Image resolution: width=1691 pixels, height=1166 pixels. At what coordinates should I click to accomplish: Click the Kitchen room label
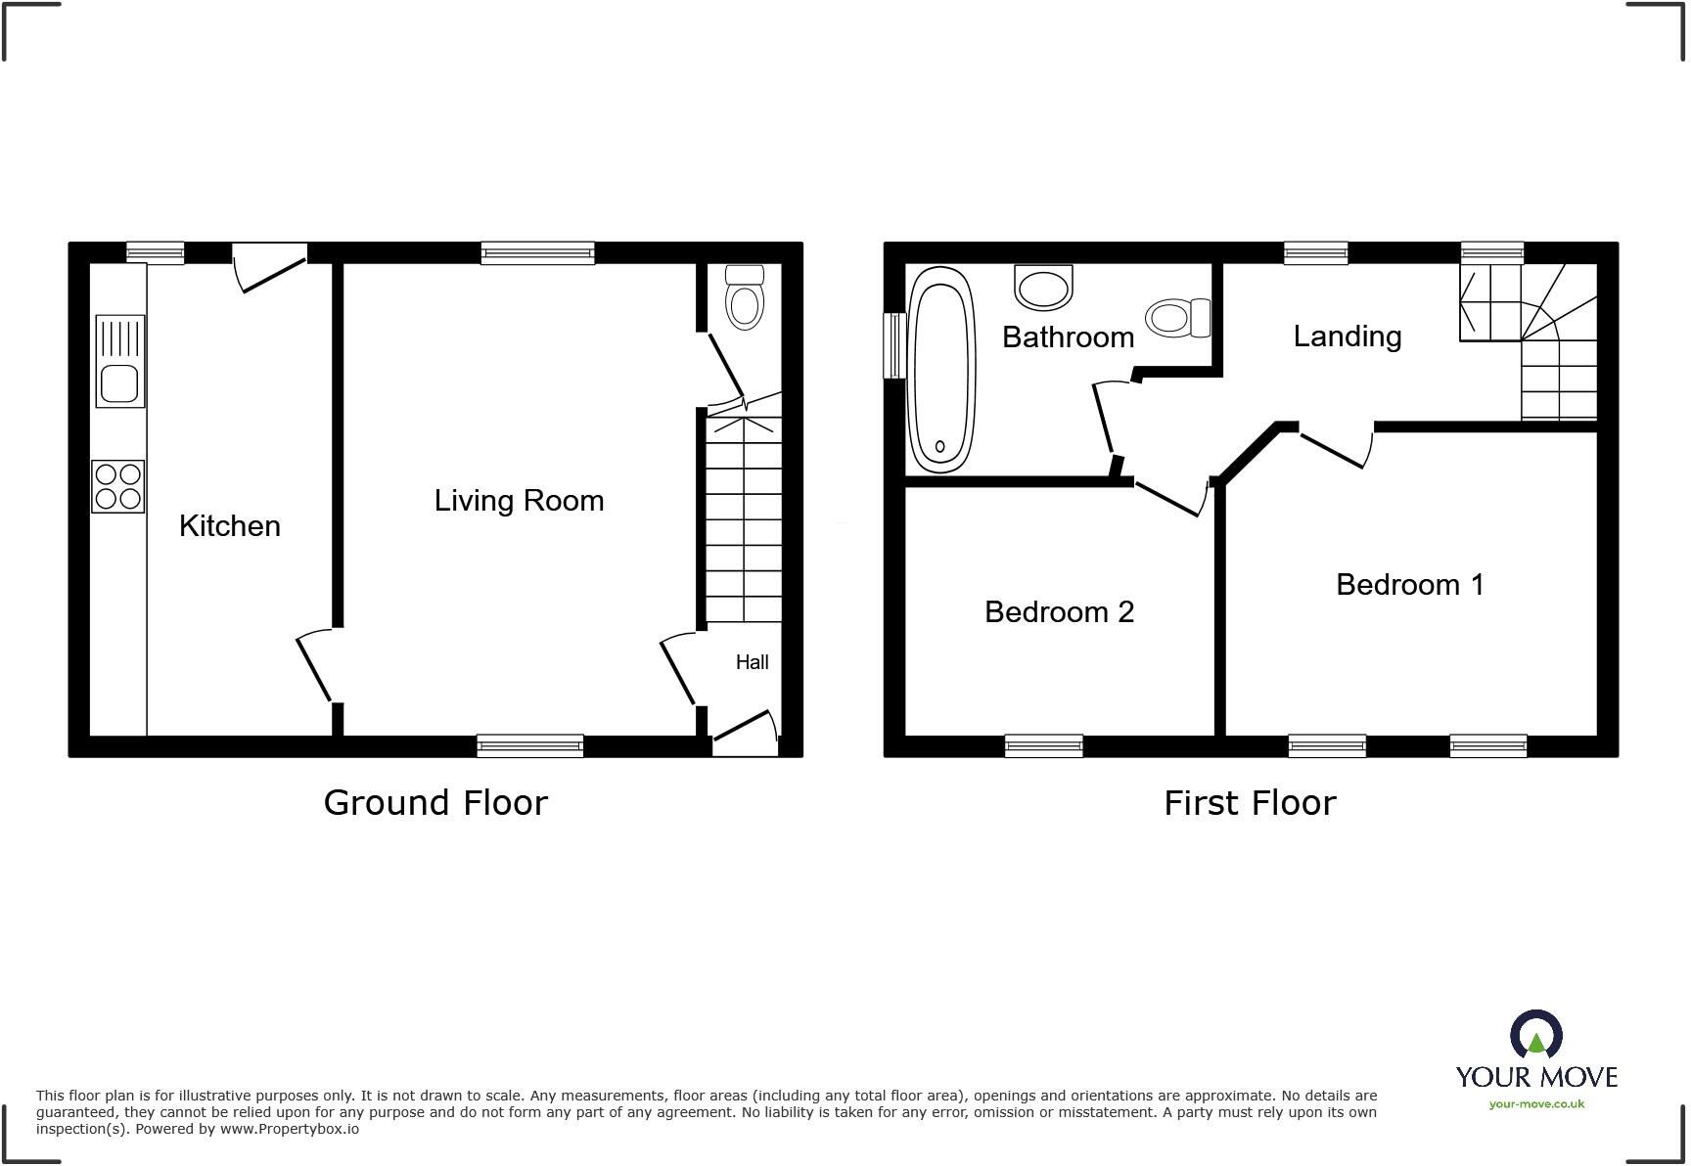[229, 526]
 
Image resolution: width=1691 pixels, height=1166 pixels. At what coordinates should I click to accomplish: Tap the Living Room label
[519, 501]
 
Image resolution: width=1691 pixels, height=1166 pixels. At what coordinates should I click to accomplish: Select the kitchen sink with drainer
[119, 361]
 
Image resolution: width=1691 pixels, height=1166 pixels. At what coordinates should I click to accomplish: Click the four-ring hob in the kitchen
[118, 486]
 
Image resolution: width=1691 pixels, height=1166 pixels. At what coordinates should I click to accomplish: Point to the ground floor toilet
[746, 297]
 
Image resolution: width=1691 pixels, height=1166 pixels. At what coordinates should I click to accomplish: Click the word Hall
[752, 662]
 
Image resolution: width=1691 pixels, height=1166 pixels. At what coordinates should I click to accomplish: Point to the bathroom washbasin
[1043, 288]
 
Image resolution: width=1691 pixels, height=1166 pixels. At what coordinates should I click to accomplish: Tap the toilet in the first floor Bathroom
[1177, 318]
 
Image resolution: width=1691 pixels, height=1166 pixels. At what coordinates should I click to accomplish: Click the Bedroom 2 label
[1059, 612]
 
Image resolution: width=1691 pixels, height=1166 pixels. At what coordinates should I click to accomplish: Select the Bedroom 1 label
[1409, 585]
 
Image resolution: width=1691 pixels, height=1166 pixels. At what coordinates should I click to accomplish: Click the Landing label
[1347, 336]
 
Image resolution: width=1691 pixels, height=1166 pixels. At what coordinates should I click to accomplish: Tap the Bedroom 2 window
[1043, 745]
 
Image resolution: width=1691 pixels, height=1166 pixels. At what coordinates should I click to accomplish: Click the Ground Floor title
[435, 802]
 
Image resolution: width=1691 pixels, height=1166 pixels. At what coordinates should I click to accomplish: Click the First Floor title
[1249, 803]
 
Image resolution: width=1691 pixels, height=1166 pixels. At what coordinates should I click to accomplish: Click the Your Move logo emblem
[1535, 1035]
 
